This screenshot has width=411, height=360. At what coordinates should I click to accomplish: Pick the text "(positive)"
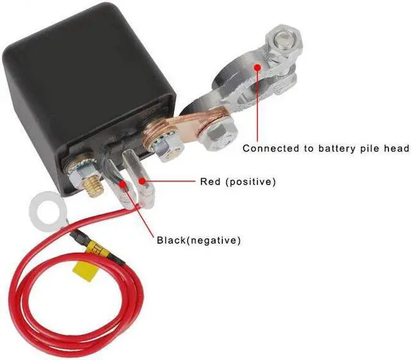pyautogui.click(x=251, y=182)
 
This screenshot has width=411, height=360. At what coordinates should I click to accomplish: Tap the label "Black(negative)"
pyautogui.click(x=199, y=241)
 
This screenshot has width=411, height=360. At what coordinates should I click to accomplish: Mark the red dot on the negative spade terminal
pyautogui.click(x=123, y=184)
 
